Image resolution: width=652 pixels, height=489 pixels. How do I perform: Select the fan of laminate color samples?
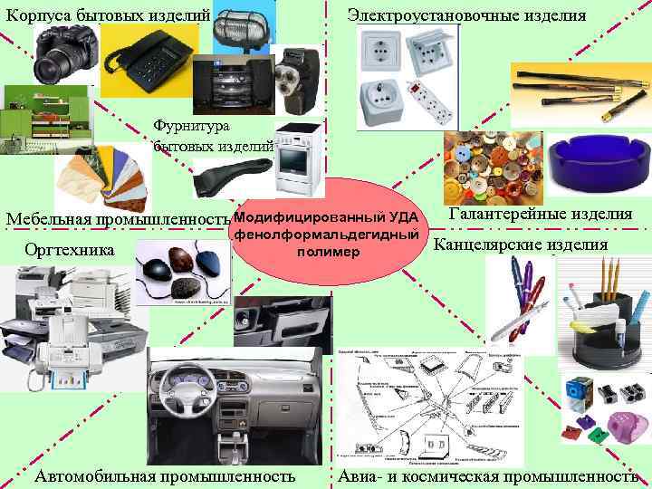(x=100, y=177)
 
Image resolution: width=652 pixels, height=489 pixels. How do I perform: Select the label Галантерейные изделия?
(x=540, y=214)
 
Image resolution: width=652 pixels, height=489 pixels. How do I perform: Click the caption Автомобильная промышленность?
(x=164, y=476)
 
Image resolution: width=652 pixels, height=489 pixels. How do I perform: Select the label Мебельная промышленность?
(x=116, y=219)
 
